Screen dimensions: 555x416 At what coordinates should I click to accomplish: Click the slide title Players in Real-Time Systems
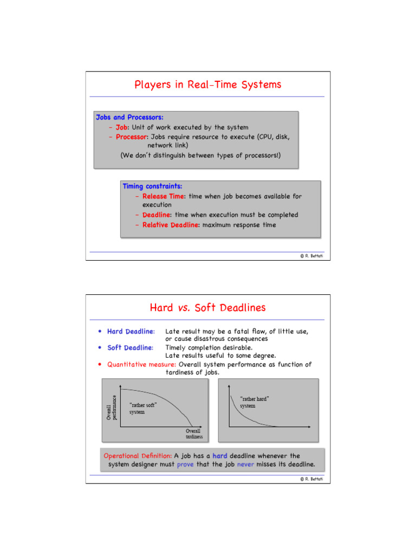pos(207,85)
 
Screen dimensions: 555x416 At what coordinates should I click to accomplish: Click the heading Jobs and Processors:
pos(129,117)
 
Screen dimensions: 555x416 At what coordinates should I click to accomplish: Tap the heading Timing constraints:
pos(152,186)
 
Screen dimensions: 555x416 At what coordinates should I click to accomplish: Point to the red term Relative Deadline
pos(171,225)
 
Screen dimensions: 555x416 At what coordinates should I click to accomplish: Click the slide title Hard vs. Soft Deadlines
pos(207,308)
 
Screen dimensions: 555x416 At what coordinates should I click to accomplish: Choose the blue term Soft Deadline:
pos(130,347)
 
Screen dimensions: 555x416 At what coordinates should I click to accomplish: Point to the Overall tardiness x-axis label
pos(194,434)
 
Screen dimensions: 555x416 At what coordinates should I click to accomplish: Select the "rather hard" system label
pos(255,402)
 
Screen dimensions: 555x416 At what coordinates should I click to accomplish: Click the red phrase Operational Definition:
pos(138,456)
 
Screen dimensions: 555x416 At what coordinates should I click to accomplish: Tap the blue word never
pos(245,464)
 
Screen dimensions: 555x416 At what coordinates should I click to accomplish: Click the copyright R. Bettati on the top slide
pos(311,256)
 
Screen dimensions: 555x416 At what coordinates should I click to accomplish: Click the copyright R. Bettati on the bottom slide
pos(311,479)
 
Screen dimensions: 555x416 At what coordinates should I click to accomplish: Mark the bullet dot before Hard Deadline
pos(99,331)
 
